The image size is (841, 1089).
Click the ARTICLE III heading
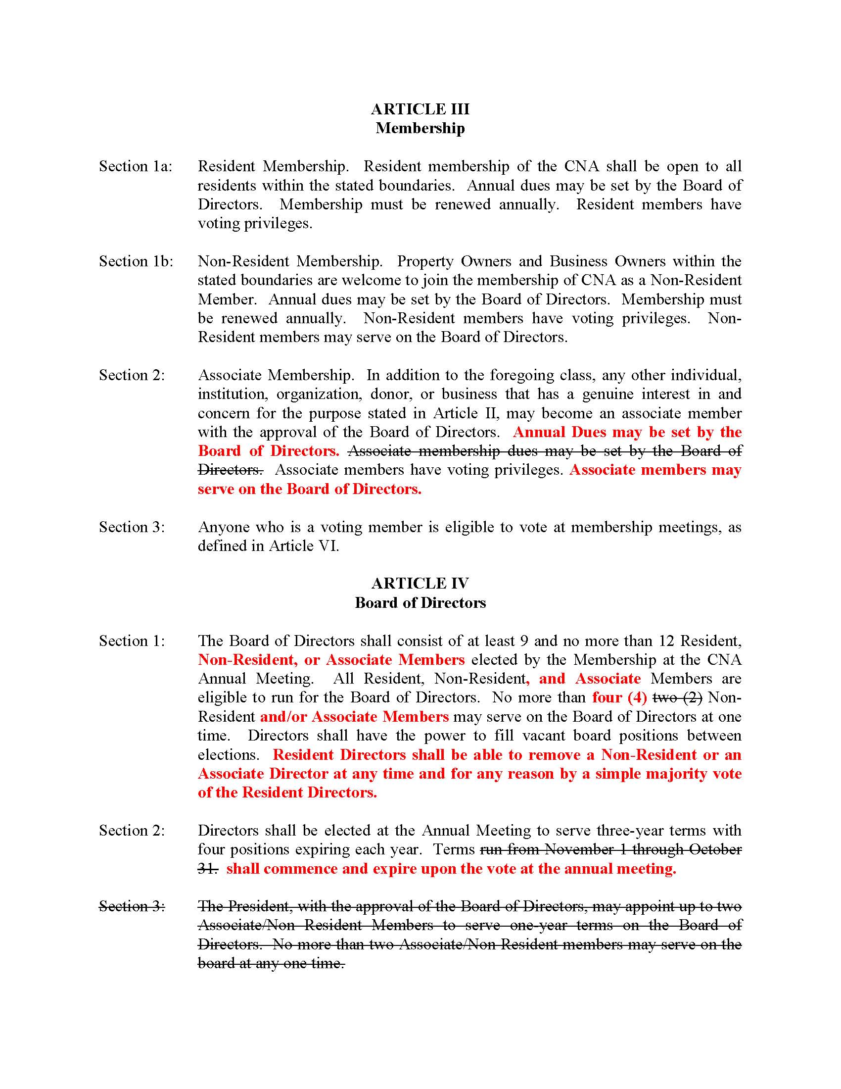point(420,109)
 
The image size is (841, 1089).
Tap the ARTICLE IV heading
point(420,584)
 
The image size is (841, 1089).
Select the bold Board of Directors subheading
point(420,603)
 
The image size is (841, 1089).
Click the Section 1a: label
point(136,166)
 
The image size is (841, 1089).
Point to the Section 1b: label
point(136,261)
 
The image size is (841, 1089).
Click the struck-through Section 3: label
point(132,906)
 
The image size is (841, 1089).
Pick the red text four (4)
point(619,697)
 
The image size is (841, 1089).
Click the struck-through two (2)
point(677,697)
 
